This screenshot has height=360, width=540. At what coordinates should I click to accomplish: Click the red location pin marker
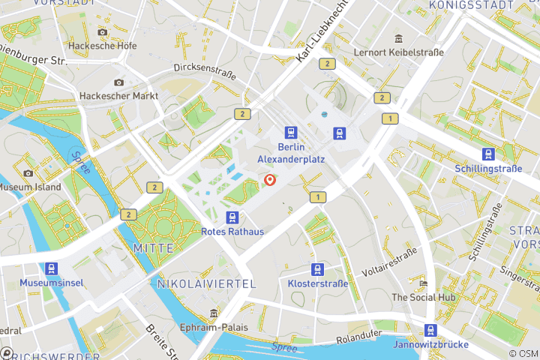pos(270,180)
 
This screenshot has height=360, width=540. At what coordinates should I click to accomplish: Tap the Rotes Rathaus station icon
pos(232,217)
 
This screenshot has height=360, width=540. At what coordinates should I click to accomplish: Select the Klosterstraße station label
pos(318,283)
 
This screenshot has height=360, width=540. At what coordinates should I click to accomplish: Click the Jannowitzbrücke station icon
pos(430,330)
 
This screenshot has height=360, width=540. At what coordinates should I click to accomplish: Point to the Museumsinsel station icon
pos(51,268)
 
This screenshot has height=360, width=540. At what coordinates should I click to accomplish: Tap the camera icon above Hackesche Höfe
pos(103,32)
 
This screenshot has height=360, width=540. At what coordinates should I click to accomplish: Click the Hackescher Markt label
pos(118,96)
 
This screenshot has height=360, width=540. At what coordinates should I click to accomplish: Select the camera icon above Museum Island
pos(28,173)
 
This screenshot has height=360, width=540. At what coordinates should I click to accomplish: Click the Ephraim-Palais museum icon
pos(214,313)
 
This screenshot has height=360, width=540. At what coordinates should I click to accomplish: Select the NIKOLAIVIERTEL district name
pos(206,283)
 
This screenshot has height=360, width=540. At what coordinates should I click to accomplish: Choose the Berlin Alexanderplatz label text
pos(290,153)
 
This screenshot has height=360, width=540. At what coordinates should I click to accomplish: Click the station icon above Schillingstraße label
pos(488,154)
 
